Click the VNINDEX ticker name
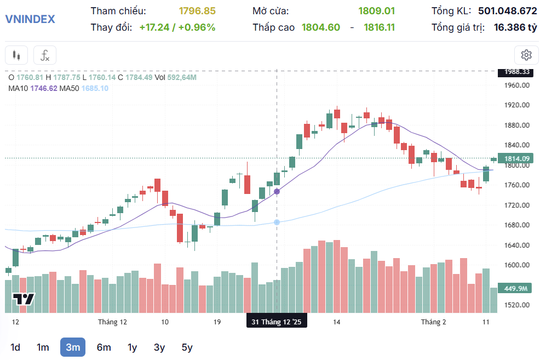[30, 19]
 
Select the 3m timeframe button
[73, 347]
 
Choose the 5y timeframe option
[187, 347]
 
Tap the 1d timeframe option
[15, 347]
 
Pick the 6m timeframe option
[104, 347]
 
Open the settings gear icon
[526, 55]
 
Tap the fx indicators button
[45, 55]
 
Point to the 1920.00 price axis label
[517, 105]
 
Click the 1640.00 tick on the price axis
[517, 245]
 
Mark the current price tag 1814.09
[516, 159]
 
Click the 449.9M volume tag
[515, 288]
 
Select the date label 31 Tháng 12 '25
[277, 322]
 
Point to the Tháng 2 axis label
[433, 322]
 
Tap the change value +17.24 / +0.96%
[177, 27]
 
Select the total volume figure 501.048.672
[507, 11]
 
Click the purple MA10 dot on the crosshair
[277, 191]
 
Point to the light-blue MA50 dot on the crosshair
[277, 222]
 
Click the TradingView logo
[24, 300]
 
